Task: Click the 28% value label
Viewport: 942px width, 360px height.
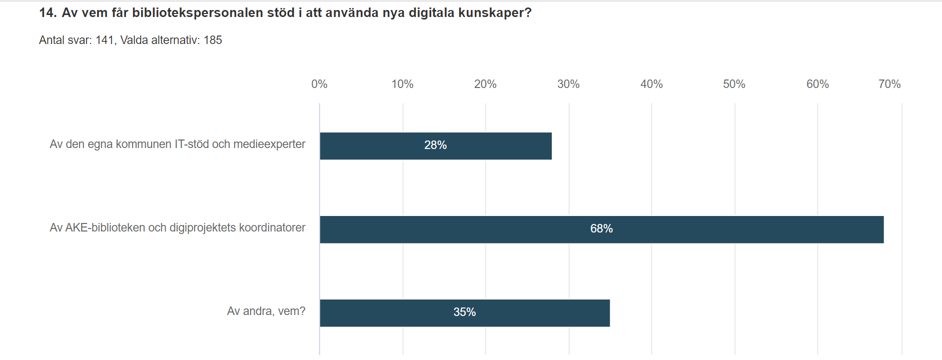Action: (x=435, y=145)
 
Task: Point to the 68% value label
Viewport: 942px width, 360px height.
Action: (x=601, y=228)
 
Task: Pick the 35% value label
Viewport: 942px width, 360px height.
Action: (x=464, y=312)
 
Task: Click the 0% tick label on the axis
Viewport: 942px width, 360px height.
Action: (x=319, y=84)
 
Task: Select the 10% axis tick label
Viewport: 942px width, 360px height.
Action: (x=402, y=84)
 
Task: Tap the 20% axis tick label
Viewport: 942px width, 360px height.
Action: (x=485, y=84)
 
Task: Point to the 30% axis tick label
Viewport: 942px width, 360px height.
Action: (x=568, y=84)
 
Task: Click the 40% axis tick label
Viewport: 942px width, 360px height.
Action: (x=651, y=84)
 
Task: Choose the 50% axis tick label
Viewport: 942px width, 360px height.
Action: (x=734, y=84)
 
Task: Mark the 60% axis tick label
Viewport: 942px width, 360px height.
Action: (x=817, y=84)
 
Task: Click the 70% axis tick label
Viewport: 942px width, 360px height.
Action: (x=889, y=84)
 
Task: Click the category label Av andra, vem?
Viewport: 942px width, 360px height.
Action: (x=266, y=311)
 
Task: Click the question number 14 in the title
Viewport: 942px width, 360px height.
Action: (x=48, y=12)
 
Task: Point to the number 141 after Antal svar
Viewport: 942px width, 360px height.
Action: (x=105, y=40)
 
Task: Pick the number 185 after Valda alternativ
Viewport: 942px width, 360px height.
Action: (x=213, y=40)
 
